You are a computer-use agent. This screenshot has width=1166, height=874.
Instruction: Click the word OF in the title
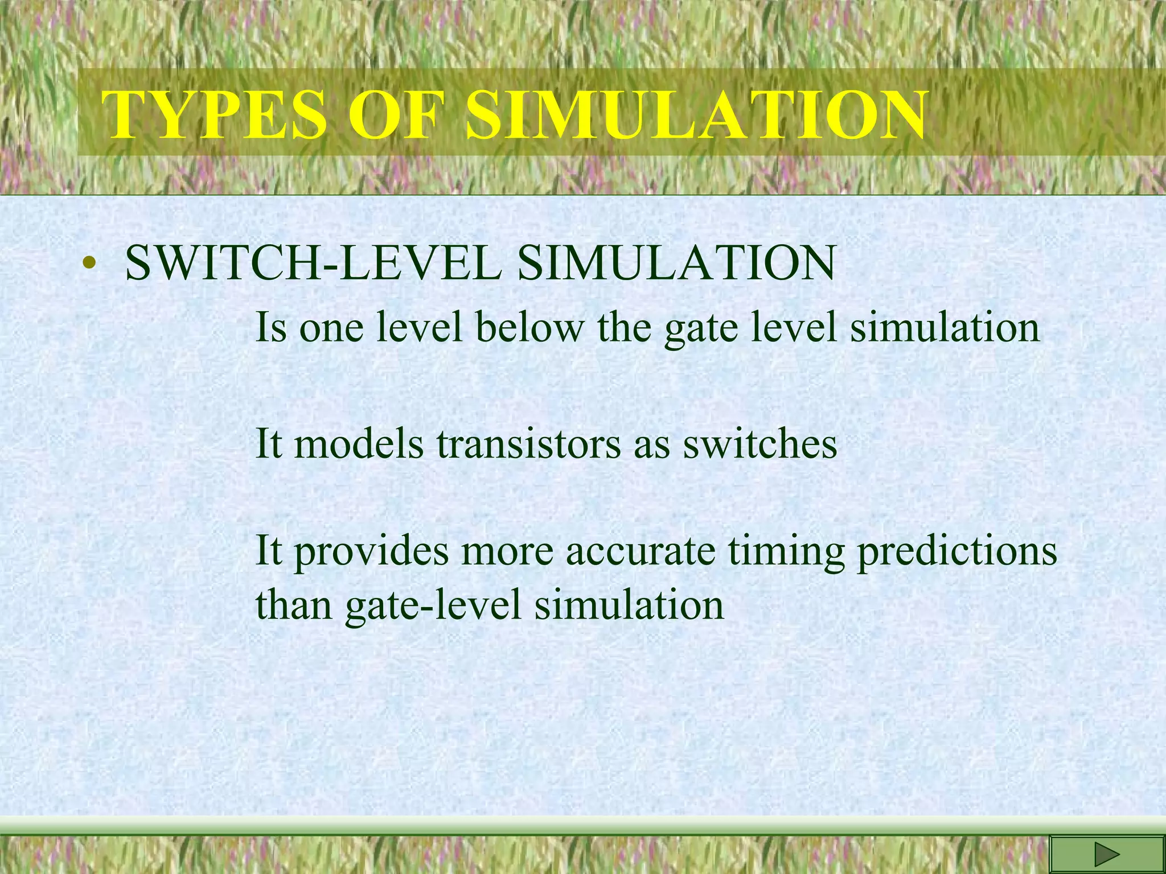pos(395,116)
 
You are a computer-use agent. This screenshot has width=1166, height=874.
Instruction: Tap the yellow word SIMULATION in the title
pos(695,116)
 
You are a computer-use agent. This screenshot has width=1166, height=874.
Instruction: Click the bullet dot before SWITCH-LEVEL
pos(87,263)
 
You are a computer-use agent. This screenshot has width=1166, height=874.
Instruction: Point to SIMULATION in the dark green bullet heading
pos(676,263)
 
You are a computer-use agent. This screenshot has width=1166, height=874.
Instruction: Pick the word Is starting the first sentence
pos(271,328)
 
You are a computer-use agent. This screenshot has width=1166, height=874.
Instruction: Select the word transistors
pos(529,444)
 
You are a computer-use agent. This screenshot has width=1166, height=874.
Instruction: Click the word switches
pos(759,444)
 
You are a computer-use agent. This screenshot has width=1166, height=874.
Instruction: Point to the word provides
pos(371,552)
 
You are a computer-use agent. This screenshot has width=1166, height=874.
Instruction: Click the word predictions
pos(957,552)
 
